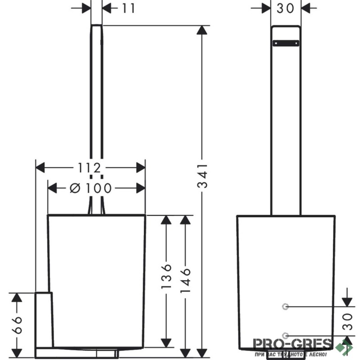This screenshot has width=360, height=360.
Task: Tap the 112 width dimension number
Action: click(88, 167)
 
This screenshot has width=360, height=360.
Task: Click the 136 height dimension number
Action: click(167, 275)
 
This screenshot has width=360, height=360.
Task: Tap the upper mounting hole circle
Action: click(284, 307)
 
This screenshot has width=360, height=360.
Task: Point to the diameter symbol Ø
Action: click(75, 188)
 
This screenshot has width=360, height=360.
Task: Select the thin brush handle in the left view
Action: click(96, 112)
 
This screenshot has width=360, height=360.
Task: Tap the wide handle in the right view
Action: click(286, 135)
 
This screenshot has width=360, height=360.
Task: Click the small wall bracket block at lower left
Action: click(44, 319)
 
